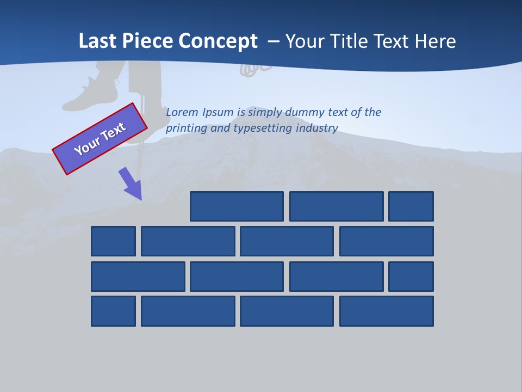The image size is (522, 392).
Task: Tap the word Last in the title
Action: coord(97,41)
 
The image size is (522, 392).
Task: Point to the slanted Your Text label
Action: coord(100,139)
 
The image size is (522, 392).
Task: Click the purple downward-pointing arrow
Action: coord(131,183)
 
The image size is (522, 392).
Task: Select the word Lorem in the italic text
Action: coord(183,112)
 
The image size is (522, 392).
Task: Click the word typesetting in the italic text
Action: coord(263,128)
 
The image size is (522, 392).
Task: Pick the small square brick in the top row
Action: coord(411,206)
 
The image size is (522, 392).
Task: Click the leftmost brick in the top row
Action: coord(237,206)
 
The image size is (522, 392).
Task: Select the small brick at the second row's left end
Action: coord(113,241)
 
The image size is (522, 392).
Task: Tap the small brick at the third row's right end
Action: coord(411,277)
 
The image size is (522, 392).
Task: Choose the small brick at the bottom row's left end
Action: coord(113,311)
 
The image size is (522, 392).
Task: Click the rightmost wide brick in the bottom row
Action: coord(387,311)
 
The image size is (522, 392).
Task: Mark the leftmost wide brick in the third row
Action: coord(138,277)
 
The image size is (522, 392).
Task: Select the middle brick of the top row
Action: coord(336,206)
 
